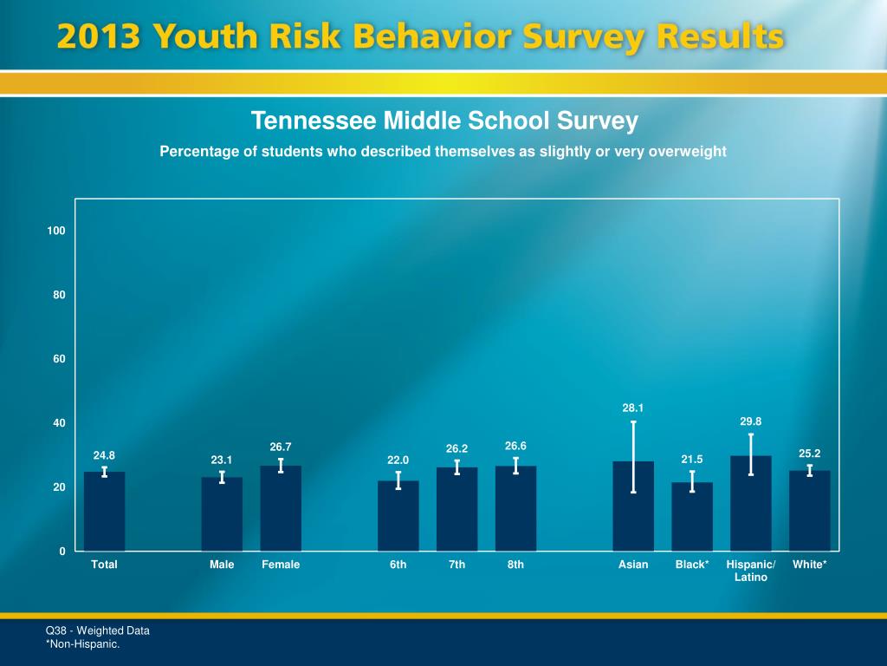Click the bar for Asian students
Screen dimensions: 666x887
(x=633, y=512)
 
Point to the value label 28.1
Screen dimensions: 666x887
(x=633, y=407)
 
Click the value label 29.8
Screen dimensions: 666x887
(x=750, y=421)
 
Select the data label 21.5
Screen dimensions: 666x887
(x=692, y=459)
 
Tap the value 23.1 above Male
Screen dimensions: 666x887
(x=222, y=460)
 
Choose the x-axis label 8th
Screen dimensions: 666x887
(x=515, y=565)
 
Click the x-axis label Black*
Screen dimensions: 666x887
(x=692, y=565)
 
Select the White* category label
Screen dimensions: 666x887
(x=809, y=565)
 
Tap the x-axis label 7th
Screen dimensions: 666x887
(x=456, y=565)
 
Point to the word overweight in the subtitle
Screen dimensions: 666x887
(x=683, y=152)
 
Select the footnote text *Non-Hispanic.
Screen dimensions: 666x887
(x=82, y=643)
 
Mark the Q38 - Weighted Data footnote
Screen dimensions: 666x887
(x=97, y=630)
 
